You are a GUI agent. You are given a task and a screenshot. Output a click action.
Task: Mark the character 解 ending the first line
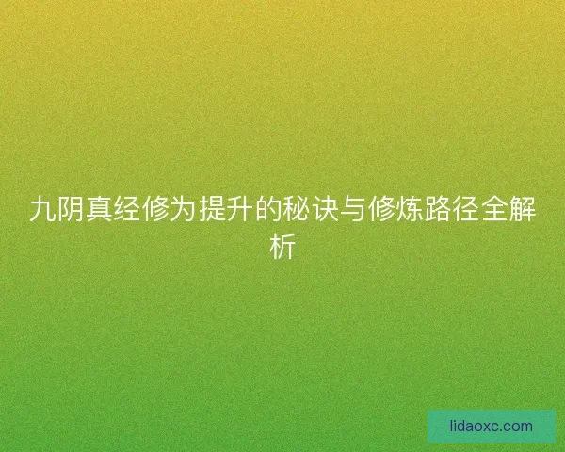click(x=523, y=209)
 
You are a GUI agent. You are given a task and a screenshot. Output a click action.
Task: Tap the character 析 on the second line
click(x=282, y=247)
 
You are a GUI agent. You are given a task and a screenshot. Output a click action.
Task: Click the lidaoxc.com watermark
click(x=491, y=426)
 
